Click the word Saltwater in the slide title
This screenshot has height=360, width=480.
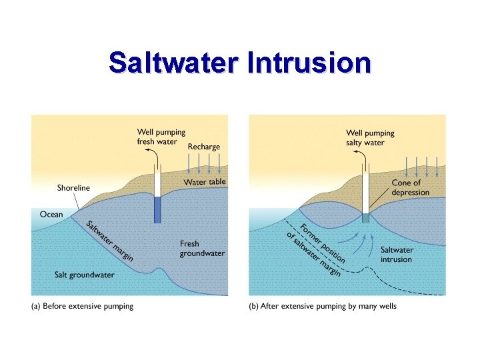(174, 63)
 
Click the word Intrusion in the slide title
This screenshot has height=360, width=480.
(308, 63)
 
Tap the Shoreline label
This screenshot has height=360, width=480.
(73, 188)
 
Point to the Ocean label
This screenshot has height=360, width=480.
(51, 215)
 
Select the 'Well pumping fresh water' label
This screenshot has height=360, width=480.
(161, 137)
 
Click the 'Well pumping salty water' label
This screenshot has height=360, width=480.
(370, 138)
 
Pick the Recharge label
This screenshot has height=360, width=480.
(203, 147)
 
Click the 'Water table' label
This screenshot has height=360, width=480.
(205, 182)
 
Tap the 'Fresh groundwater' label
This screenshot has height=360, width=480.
(202, 249)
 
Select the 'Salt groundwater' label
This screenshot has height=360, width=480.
(84, 275)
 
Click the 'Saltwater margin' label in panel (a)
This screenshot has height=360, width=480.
(111, 240)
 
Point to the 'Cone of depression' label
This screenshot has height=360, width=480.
(410, 187)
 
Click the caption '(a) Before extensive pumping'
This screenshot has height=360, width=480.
(83, 307)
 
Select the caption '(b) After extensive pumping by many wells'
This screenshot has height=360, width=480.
(323, 307)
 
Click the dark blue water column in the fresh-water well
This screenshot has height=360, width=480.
(158, 209)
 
